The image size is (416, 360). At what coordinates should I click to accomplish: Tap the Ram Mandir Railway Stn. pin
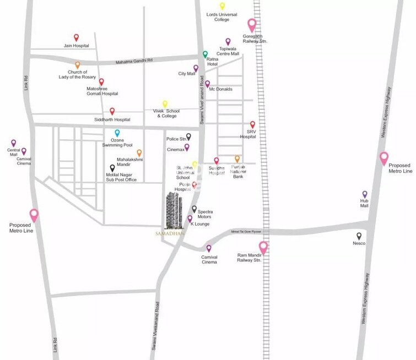click(263, 248)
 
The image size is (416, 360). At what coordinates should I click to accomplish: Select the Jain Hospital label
click(76, 46)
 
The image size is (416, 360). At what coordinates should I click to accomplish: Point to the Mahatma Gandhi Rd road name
click(134, 61)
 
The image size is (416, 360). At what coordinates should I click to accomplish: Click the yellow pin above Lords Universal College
click(222, 7)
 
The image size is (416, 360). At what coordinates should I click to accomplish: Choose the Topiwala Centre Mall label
click(229, 51)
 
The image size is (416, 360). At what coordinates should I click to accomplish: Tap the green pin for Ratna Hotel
click(205, 54)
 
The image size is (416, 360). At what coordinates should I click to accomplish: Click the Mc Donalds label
click(220, 89)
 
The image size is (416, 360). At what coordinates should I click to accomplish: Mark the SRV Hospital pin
click(252, 125)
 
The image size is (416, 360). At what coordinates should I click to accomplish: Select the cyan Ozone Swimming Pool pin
click(117, 133)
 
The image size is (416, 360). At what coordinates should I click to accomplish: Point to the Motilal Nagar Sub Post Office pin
click(112, 168)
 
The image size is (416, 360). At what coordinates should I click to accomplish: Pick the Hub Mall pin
click(364, 194)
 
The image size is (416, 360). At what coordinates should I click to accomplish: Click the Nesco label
click(359, 243)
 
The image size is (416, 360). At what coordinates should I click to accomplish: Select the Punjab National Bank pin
click(237, 159)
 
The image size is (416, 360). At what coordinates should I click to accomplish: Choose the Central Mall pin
click(14, 143)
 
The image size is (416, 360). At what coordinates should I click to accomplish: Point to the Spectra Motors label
click(205, 214)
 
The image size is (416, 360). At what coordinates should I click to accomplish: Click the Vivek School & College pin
click(164, 104)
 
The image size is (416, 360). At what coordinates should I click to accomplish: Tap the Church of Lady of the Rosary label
click(77, 75)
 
